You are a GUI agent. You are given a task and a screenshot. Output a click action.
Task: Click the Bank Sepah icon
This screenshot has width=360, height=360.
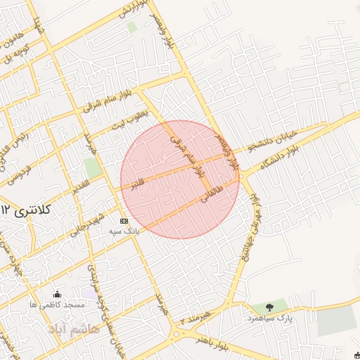pyautogui.click(x=124, y=221)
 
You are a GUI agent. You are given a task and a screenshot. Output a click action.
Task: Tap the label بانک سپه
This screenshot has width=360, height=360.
pyautogui.click(x=124, y=230)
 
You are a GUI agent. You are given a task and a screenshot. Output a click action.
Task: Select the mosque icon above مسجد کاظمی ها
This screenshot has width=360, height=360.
pyautogui.click(x=57, y=294)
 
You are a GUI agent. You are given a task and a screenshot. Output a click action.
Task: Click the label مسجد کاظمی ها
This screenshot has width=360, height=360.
pyautogui.click(x=57, y=304)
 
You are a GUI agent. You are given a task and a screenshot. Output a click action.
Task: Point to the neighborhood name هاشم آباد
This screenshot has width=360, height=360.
pyautogui.click(x=68, y=328)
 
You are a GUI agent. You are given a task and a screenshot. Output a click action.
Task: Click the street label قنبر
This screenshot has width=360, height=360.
pyautogui.click(x=132, y=184)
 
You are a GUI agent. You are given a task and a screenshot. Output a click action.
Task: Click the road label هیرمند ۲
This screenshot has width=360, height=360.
pyautogui.click(x=194, y=316)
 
